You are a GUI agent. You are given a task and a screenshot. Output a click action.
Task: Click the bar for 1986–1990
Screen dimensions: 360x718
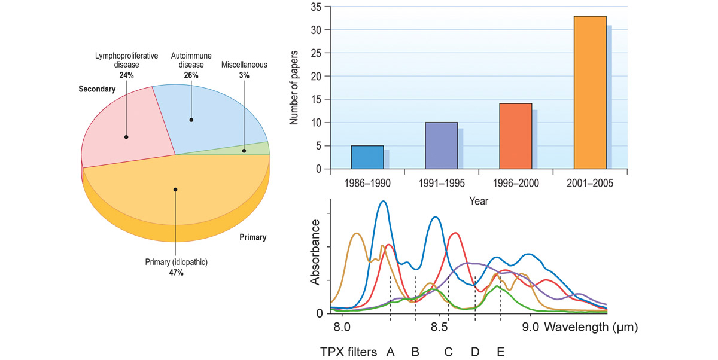(x=367, y=157)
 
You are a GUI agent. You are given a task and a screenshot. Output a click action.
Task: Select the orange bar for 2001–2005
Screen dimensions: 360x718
(x=590, y=93)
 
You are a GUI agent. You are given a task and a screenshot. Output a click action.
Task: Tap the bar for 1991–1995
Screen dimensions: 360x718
(x=441, y=145)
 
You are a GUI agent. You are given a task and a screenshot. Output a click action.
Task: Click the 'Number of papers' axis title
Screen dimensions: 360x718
(x=294, y=87)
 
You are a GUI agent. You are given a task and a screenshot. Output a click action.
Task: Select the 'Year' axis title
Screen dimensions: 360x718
(x=479, y=201)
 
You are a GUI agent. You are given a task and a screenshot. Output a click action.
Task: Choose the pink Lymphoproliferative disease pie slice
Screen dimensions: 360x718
(x=120, y=132)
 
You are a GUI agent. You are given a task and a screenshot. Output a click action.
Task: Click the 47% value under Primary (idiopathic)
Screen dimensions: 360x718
(x=175, y=273)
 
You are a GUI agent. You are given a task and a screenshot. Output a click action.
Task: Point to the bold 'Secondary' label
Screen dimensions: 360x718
(x=96, y=89)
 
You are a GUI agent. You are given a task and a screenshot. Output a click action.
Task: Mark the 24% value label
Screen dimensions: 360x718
(x=126, y=75)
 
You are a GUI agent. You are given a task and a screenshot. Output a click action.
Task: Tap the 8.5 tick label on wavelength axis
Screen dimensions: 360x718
(x=439, y=328)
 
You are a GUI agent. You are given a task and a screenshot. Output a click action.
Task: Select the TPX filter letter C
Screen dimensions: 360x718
(x=448, y=352)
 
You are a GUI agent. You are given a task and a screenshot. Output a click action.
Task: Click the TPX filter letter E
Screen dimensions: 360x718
(x=500, y=352)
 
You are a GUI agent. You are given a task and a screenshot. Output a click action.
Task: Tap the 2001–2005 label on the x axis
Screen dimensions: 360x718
(x=589, y=184)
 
